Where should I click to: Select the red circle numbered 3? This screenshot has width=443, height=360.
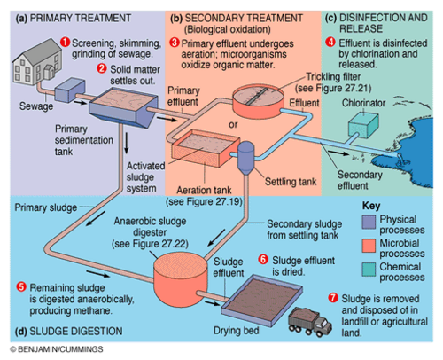[x=174, y=42]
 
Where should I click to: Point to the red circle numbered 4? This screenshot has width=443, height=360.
[x=330, y=41]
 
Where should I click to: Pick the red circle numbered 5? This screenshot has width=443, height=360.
[x=20, y=286]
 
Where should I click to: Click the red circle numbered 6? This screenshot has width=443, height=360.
[x=262, y=259]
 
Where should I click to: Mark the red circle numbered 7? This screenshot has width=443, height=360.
[x=332, y=295]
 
